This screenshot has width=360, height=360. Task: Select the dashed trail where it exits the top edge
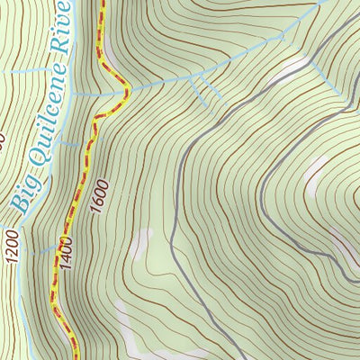101,3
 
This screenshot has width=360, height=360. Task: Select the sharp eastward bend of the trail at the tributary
129,88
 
